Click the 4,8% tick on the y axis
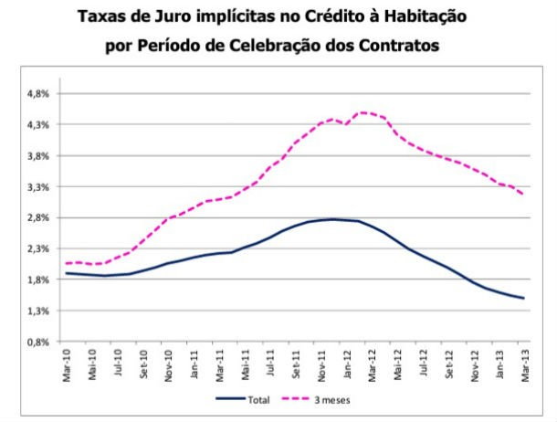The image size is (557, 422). tap(37, 93)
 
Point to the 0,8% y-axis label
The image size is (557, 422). tap(37, 342)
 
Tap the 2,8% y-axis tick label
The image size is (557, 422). tap(37, 217)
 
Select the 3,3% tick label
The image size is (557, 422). tap(37, 186)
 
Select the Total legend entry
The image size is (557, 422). tap(251, 398)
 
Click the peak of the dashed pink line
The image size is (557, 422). tap(363, 112)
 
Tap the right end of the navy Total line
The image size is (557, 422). tap(524, 298)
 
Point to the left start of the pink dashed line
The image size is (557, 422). tap(67, 263)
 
